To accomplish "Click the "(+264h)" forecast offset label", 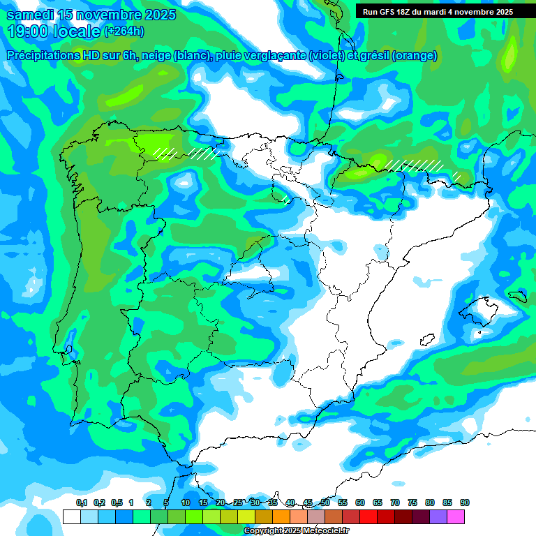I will pos(125,31).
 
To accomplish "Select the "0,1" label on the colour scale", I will pos(82,502).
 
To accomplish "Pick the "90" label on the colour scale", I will pos(465,502).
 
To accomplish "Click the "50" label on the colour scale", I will pos(325,502).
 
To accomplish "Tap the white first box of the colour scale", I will pos(71,516).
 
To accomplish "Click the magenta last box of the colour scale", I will pos(456,516).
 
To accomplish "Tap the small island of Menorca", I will pos(517,297).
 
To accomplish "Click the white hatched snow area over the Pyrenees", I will pos(415,165).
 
